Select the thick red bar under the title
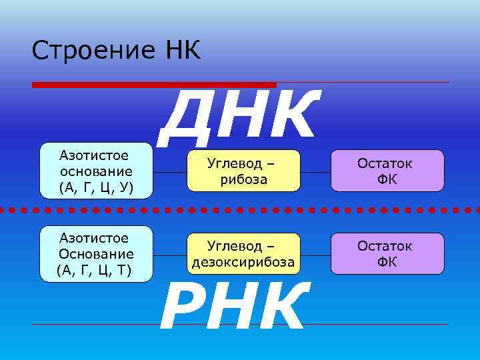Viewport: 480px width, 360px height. (x=154, y=85)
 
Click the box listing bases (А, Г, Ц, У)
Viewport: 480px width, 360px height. (x=96, y=171)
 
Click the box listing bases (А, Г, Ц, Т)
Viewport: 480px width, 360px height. (x=96, y=253)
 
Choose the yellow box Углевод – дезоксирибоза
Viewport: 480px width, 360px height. (x=241, y=254)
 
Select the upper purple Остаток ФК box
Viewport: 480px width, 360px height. (x=385, y=171)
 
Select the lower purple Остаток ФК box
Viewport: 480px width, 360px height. (x=385, y=254)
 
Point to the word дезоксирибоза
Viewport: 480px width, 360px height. (x=242, y=262)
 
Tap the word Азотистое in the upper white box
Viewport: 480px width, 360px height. (x=95, y=155)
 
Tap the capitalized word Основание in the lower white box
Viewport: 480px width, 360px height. (x=96, y=254)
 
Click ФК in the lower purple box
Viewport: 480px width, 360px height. (x=386, y=262)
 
